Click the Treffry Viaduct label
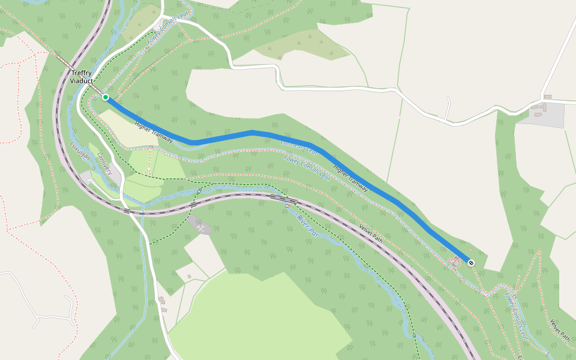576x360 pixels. (82, 77)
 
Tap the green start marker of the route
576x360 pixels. (106, 97)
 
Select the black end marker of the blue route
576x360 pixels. (470, 262)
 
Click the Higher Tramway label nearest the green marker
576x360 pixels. (154, 133)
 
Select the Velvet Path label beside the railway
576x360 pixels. (371, 233)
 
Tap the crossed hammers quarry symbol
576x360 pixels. (200, 227)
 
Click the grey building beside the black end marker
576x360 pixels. (457, 262)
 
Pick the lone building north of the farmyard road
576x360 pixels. (547, 97)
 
